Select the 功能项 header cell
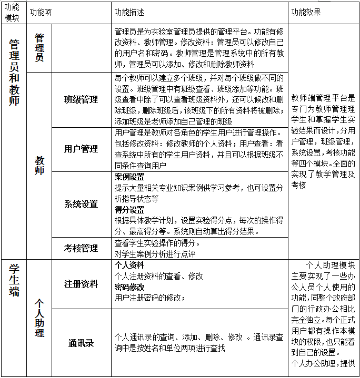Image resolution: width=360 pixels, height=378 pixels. pyautogui.click(x=41, y=12)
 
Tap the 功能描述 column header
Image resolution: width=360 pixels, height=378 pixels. pyautogui.click(x=129, y=12)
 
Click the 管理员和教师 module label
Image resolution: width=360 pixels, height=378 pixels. pyautogui.click(x=14, y=73)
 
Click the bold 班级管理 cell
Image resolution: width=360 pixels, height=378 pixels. pyautogui.click(x=81, y=100)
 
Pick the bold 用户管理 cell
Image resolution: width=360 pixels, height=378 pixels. pyautogui.click(x=81, y=149)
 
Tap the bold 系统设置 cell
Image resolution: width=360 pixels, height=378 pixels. pyautogui.click(x=81, y=204)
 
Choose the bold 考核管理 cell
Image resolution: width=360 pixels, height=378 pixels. pyautogui.click(x=81, y=248)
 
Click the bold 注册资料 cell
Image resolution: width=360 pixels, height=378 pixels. pyautogui.click(x=81, y=284)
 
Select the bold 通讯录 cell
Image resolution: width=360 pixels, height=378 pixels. pyautogui.click(x=81, y=343)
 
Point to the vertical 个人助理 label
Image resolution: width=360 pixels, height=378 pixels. pyautogui.click(x=39, y=319)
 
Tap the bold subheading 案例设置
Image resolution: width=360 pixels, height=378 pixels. pyautogui.click(x=129, y=176)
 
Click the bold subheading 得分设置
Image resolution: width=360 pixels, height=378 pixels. pyautogui.click(x=129, y=209)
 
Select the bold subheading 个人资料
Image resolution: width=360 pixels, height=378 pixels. pyautogui.click(x=129, y=265)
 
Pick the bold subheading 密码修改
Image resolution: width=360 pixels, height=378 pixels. pyautogui.click(x=129, y=287)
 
